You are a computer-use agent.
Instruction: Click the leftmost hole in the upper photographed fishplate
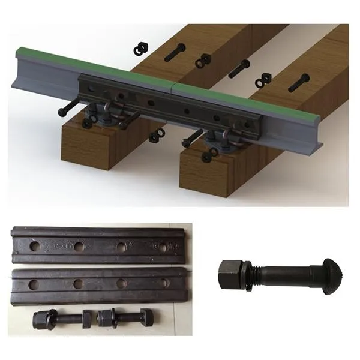[x=35, y=245]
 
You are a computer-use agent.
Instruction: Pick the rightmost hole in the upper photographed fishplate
[x=162, y=247]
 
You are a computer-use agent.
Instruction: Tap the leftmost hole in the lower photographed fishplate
[x=34, y=284]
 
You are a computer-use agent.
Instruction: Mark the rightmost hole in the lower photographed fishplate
[x=163, y=283]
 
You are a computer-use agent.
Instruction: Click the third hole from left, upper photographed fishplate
[x=122, y=247]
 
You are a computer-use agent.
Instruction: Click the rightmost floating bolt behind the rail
[x=298, y=83]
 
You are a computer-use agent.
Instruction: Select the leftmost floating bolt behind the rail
[x=175, y=52]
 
